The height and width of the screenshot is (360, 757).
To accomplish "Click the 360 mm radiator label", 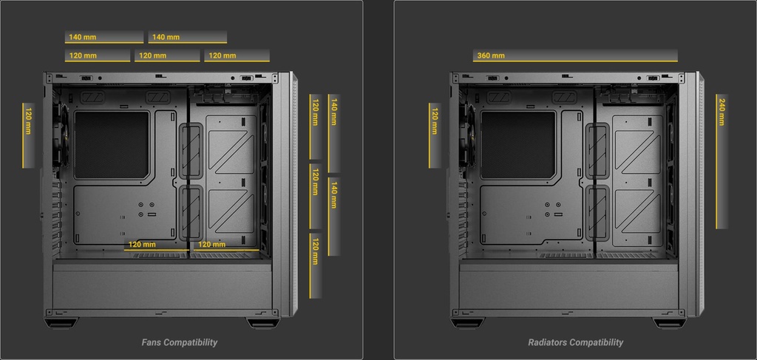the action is pyautogui.click(x=491, y=55).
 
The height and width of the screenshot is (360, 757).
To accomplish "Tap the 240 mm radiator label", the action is pyautogui.click(x=722, y=112).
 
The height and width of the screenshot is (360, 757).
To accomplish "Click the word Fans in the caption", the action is pyautogui.click(x=152, y=342).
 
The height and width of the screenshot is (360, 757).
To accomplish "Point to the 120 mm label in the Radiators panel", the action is pyautogui.click(x=435, y=121).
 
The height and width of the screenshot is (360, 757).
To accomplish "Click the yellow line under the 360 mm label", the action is pyautogui.click(x=575, y=61).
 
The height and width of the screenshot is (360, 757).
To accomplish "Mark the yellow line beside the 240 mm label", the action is pyautogui.click(x=716, y=161).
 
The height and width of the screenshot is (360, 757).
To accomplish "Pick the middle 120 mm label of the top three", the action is pyautogui.click(x=152, y=55).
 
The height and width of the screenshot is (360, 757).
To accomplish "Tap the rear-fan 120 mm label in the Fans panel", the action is pyautogui.click(x=28, y=121).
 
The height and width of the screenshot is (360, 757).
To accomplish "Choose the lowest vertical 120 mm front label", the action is pyautogui.click(x=315, y=251).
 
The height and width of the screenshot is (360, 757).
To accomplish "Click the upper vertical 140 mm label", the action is pyautogui.click(x=333, y=112).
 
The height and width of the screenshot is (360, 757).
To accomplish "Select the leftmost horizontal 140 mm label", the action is pyautogui.click(x=83, y=37).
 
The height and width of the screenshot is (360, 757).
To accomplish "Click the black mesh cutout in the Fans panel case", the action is pyautogui.click(x=112, y=145).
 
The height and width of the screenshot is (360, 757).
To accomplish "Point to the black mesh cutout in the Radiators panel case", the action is pyautogui.click(x=518, y=145).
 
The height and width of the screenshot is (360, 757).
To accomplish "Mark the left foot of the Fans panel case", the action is pyautogui.click(x=61, y=323).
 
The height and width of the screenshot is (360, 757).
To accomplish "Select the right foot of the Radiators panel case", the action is pyautogui.click(x=669, y=323).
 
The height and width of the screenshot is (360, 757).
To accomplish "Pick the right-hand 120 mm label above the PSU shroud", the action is pyautogui.click(x=212, y=245).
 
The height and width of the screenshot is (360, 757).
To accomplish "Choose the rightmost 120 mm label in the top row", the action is pyautogui.click(x=222, y=55).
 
